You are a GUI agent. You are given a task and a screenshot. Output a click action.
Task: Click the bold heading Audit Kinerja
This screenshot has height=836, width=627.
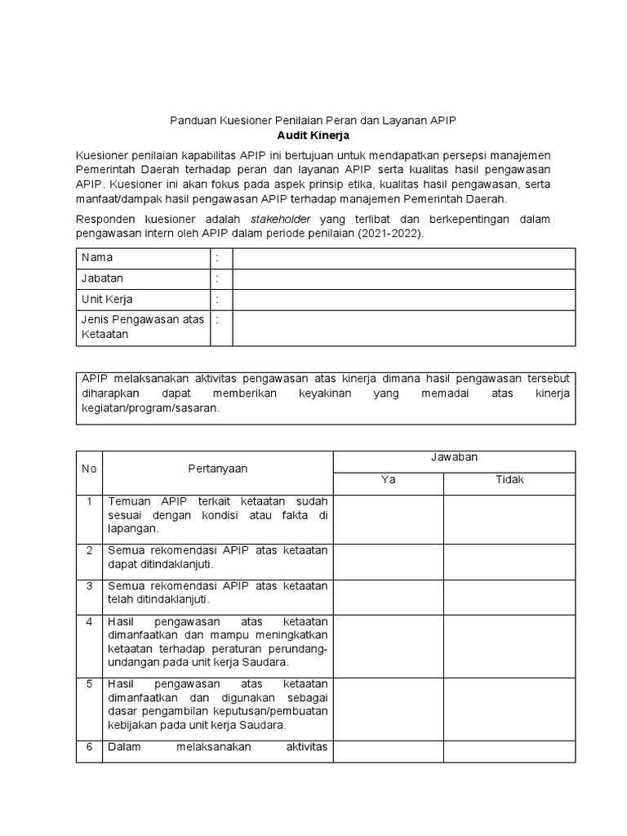[313, 135]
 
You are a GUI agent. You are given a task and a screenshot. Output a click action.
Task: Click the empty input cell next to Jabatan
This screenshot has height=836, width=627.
[403, 278]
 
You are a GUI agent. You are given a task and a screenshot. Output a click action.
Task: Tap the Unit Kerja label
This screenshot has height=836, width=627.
[107, 300]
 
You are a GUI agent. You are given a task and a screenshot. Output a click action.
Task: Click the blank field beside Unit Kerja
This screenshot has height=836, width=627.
[403, 300]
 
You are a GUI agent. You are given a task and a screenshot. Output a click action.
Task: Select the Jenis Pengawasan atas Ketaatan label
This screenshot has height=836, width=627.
[142, 327]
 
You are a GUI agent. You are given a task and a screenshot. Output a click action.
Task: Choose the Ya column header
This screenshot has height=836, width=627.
[389, 480]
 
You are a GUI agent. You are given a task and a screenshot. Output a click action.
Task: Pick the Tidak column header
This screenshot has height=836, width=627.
[509, 480]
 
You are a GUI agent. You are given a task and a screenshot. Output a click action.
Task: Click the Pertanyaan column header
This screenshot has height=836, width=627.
[217, 469]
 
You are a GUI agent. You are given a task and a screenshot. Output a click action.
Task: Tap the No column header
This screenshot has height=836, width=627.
[88, 469]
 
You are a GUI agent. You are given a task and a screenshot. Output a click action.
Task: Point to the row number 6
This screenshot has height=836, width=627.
[88, 747]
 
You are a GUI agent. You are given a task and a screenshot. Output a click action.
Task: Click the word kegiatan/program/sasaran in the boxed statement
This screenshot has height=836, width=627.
[149, 409]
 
